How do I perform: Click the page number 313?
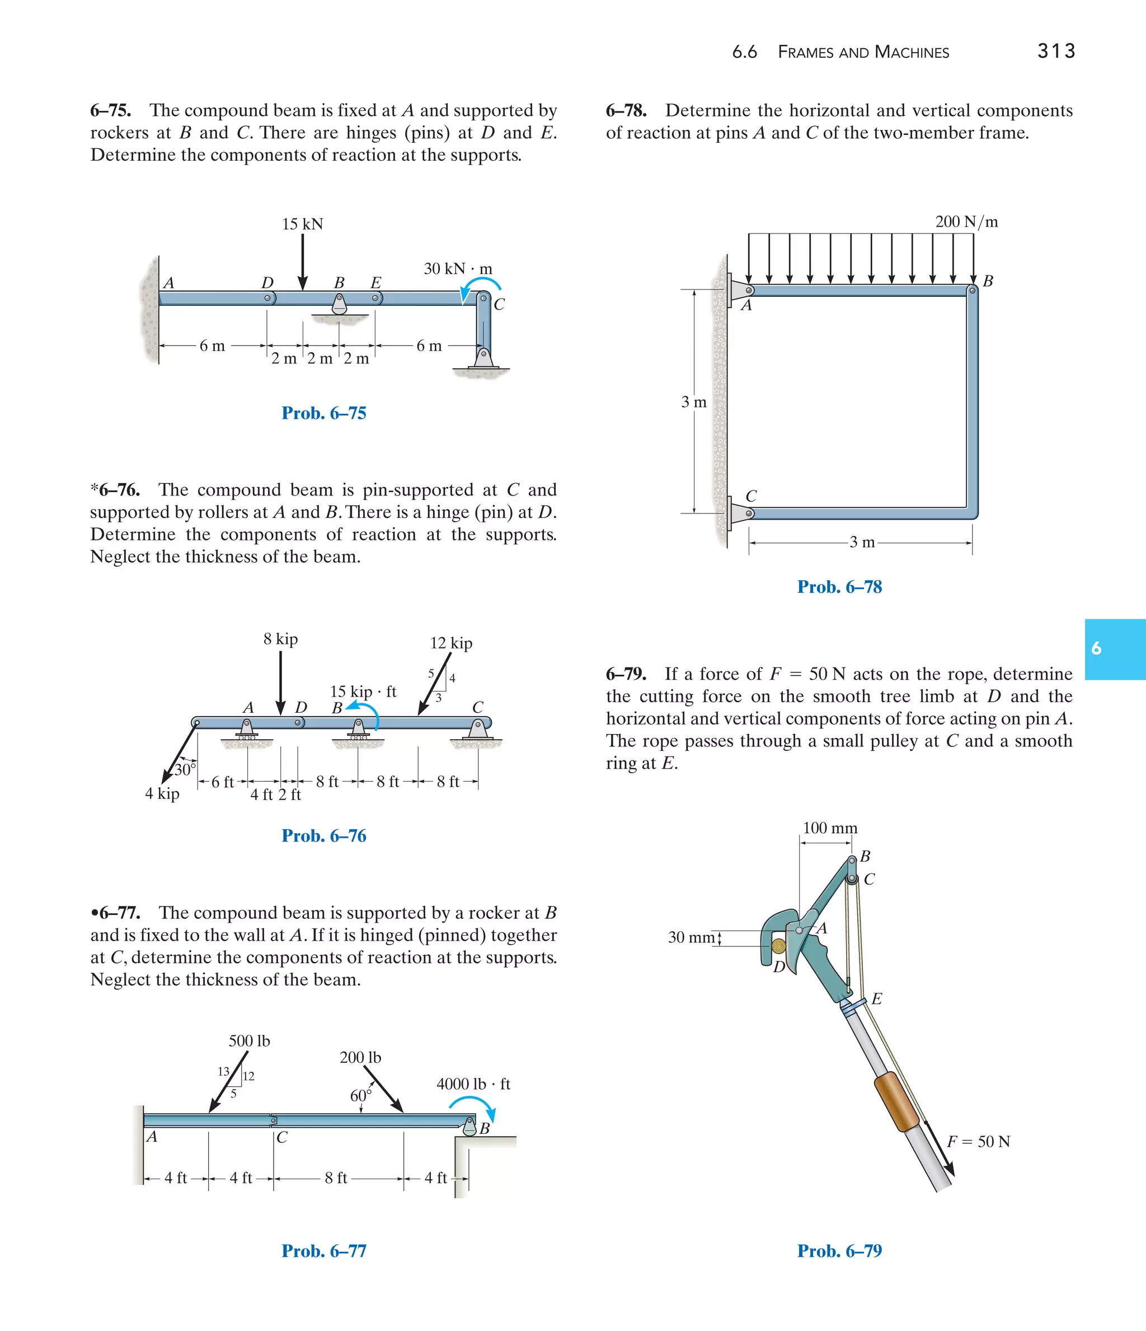click(1055, 51)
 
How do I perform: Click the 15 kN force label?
click(302, 224)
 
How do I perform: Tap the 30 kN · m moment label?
click(458, 269)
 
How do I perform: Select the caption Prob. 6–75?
click(323, 413)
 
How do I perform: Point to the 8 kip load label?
click(280, 639)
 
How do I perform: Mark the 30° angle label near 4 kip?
click(184, 769)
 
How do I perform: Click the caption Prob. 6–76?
click(323, 836)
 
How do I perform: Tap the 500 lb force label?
click(249, 1040)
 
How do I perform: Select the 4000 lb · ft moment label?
click(473, 1084)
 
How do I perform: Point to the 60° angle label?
click(360, 1095)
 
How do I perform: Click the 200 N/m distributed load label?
click(966, 222)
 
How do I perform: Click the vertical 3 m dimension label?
click(693, 402)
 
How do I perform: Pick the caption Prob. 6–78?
click(839, 587)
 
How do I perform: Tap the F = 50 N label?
click(979, 1142)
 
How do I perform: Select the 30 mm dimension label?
click(691, 937)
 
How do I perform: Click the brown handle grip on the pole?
click(897, 1101)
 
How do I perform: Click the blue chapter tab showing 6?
click(1115, 649)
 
